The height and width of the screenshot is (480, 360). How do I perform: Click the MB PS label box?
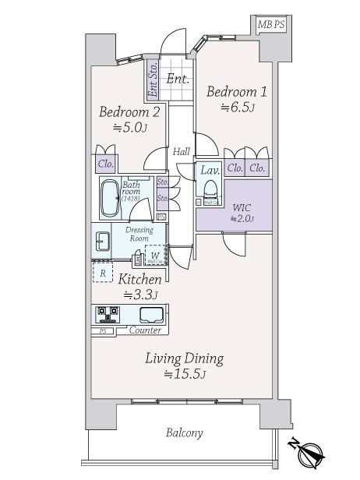[272, 25]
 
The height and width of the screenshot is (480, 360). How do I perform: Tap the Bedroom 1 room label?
[237, 92]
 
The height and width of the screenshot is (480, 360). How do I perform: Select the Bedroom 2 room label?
[129, 112]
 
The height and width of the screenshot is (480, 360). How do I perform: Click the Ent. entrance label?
[177, 78]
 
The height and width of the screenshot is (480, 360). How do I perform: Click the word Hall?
[182, 151]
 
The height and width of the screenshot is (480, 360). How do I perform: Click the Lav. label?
[210, 170]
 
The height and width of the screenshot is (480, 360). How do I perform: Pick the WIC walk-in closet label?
[242, 207]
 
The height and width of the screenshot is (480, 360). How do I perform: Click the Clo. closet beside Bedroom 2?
[106, 164]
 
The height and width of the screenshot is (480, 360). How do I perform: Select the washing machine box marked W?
[156, 255]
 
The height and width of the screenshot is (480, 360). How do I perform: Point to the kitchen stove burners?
[107, 314]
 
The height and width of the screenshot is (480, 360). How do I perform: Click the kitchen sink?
[151, 314]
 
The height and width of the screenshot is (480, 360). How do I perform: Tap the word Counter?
[145, 330]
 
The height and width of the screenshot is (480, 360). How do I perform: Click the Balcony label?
[184, 433]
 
